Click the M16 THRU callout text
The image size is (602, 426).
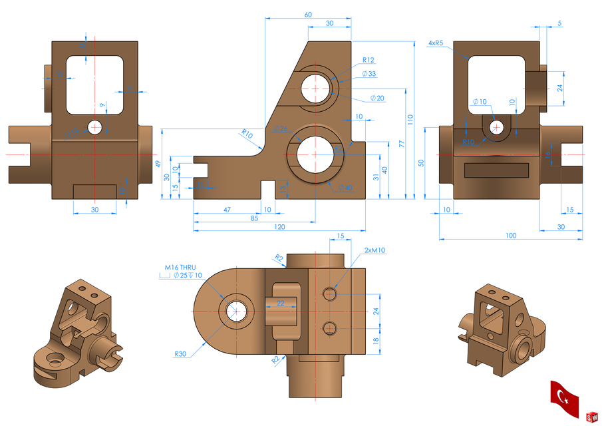point(182,269)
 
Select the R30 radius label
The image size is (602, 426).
point(180,354)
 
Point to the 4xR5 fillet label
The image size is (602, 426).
point(436,43)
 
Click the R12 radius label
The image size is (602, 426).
point(369,60)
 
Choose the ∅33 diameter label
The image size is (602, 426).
point(369,74)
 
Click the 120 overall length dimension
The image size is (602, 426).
point(279,227)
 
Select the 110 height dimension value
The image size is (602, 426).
point(410,120)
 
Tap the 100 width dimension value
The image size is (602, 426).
point(511,236)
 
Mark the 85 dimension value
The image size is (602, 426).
point(254,218)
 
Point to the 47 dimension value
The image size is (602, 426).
point(227,209)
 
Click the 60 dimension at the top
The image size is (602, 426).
point(308,15)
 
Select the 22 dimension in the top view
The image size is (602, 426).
point(280,303)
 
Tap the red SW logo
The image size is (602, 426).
point(591,417)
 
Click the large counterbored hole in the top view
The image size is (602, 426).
point(236,310)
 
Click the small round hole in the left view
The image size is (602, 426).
point(95,126)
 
